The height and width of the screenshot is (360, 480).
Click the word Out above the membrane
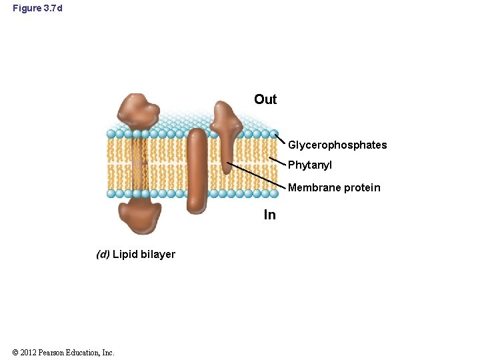click(265, 99)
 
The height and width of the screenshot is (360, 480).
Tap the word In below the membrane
click(269, 215)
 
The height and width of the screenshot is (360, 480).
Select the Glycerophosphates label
click(337, 145)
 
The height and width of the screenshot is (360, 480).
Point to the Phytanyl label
click(310, 165)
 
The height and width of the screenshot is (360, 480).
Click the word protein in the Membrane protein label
click(362, 188)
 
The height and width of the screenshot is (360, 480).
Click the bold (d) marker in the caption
click(103, 254)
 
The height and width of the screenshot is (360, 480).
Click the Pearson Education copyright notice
click(63, 352)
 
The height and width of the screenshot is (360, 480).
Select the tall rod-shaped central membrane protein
click(197, 170)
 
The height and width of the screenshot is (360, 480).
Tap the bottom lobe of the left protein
click(139, 217)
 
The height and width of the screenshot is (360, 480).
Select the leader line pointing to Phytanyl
click(277, 161)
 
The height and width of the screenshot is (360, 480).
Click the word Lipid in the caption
click(125, 254)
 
